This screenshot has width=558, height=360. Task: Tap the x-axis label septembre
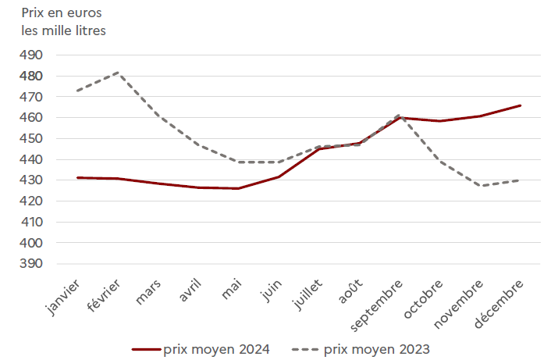coord(376,302)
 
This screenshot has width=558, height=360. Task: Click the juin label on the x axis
coord(271,290)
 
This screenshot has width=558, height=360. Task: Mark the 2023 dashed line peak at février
coord(118,73)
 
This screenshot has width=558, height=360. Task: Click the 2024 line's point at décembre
coord(521,105)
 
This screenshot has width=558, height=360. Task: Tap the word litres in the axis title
coord(87,31)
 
